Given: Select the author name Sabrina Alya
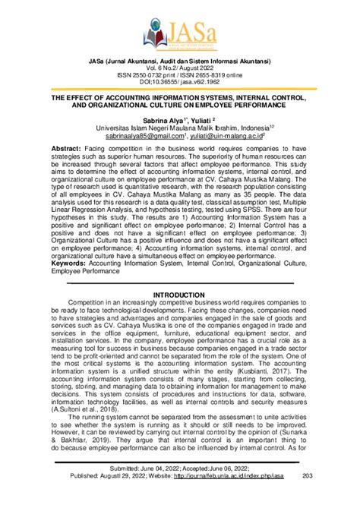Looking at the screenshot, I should (156, 120).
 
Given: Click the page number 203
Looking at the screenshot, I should (308, 498).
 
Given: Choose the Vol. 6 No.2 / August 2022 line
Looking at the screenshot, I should (179, 68).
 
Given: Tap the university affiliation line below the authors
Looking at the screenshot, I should (179, 128).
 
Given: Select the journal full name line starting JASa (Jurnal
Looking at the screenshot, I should (179, 61).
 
